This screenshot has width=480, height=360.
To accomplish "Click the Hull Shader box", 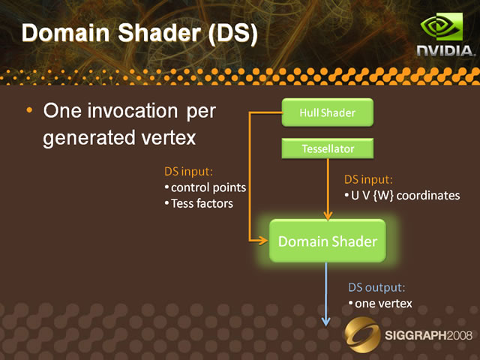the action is click(x=328, y=112).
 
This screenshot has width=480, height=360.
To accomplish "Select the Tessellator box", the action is click(x=328, y=148).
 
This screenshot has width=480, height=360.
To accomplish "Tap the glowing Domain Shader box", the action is click(x=328, y=241).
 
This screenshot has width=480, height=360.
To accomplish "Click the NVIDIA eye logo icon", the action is click(x=442, y=27).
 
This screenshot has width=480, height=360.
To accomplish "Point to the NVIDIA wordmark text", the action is click(x=446, y=51).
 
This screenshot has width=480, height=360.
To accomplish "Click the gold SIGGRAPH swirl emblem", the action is click(x=362, y=334).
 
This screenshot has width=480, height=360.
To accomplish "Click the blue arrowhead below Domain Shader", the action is click(x=326, y=322).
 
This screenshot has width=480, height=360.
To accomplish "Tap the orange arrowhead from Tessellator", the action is click(x=328, y=215).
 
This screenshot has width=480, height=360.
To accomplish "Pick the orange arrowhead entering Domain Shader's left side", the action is click(x=263, y=241).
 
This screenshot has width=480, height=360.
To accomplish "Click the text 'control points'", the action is click(x=208, y=187).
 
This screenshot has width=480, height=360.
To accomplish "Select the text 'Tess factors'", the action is click(x=202, y=203).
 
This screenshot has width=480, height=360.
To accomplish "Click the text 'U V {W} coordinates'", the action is click(x=405, y=196).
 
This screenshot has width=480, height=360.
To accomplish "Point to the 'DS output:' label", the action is click(x=376, y=287).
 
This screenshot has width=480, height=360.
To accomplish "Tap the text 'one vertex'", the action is click(x=383, y=304).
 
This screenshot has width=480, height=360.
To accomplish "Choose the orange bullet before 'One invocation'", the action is click(x=29, y=110).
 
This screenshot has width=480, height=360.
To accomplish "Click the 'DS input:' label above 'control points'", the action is click(x=188, y=172).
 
